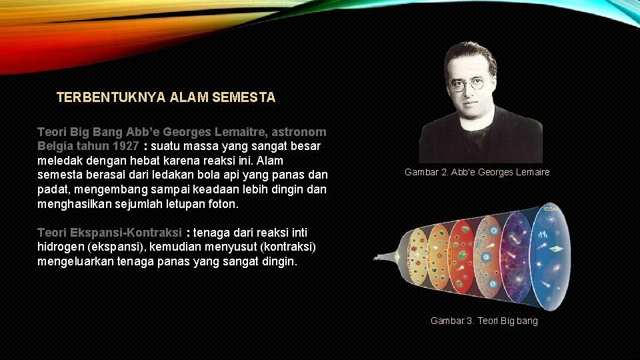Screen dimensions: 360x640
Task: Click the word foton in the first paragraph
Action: [222, 204]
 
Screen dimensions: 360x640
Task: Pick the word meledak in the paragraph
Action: [59, 161]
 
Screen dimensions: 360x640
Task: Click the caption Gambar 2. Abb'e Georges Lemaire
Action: [477, 173]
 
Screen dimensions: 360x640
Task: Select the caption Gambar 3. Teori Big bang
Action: [483, 321]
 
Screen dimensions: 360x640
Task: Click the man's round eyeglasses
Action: [467, 85]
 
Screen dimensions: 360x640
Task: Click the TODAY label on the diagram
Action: [551, 209]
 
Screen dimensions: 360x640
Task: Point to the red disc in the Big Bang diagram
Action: [462, 257]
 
